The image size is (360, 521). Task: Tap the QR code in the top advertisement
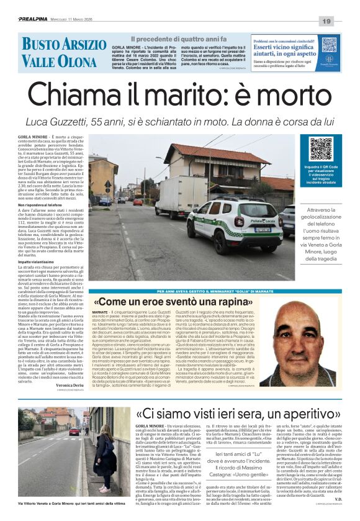coord(328,46)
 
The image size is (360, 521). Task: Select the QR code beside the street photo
coord(320,150)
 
